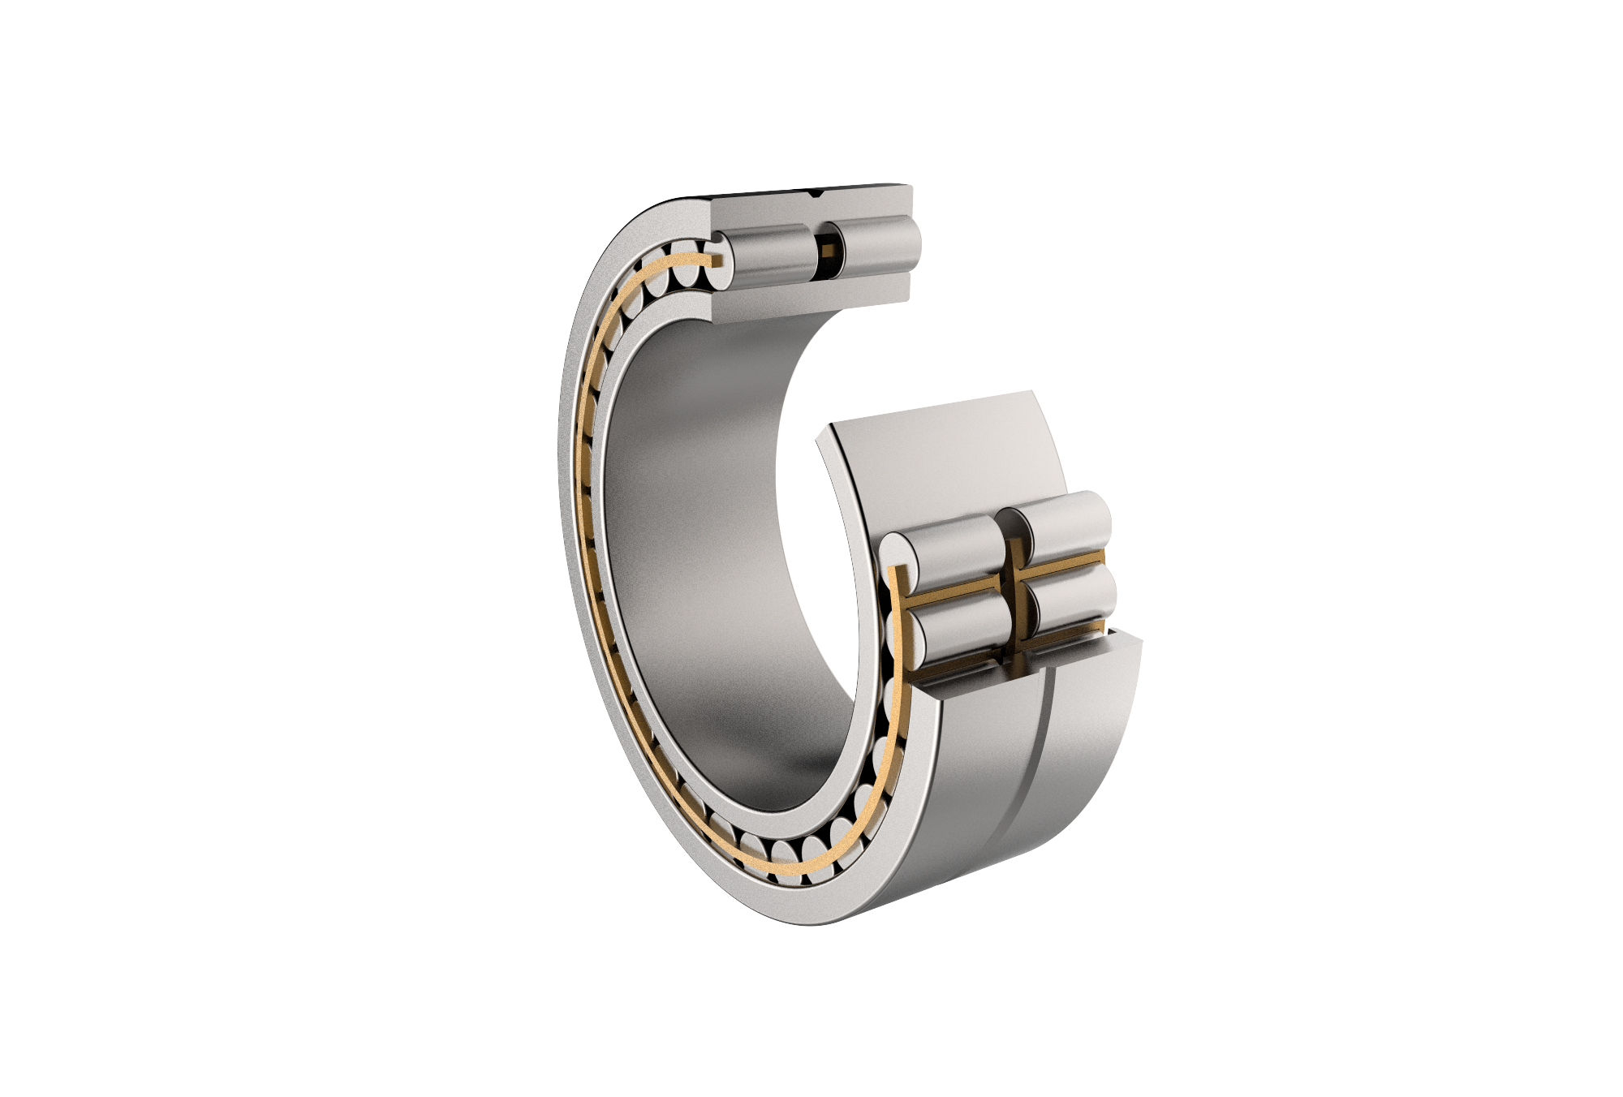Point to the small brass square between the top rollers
coord(826,251)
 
